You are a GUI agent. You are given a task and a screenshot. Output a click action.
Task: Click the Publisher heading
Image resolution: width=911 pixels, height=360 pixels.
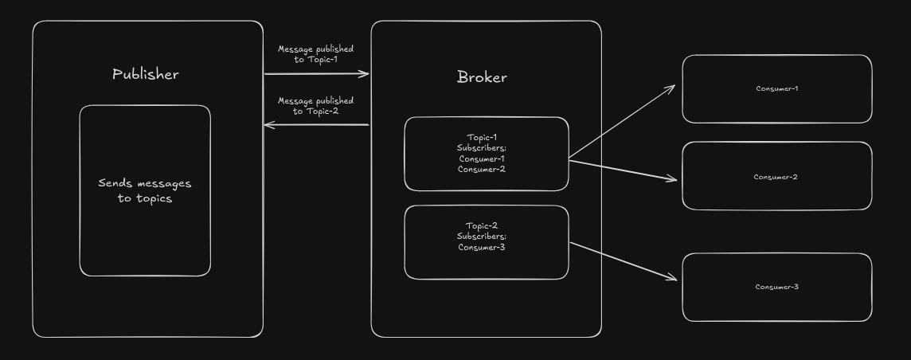tap(145, 74)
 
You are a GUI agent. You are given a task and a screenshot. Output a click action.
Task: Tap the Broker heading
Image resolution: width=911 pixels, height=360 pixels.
tap(482, 77)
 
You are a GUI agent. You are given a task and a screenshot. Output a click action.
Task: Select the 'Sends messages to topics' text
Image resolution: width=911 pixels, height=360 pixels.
tap(145, 190)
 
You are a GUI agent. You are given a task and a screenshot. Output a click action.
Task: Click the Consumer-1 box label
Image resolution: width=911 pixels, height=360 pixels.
tap(776, 88)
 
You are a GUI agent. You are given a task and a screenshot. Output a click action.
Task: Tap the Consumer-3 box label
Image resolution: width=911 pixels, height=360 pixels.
tap(776, 287)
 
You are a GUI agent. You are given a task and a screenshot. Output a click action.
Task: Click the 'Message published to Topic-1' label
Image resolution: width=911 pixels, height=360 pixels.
tap(315, 54)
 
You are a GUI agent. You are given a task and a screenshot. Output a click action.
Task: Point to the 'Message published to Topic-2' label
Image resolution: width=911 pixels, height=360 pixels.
tap(315, 106)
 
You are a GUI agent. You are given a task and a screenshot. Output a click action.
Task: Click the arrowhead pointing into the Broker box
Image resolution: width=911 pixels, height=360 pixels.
tap(365, 74)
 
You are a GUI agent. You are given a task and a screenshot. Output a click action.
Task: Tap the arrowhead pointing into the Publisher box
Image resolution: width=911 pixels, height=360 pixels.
tap(269, 124)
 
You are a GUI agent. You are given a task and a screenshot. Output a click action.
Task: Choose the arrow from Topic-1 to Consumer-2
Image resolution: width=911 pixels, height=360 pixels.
tap(621, 170)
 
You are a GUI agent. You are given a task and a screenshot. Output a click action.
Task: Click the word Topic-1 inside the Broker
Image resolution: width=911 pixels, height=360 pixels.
tap(482, 137)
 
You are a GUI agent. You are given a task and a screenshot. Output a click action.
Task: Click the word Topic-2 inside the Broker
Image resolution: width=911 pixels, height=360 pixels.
tap(482, 225)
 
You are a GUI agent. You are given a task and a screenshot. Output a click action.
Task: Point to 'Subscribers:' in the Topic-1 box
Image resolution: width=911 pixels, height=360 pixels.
tap(482, 147)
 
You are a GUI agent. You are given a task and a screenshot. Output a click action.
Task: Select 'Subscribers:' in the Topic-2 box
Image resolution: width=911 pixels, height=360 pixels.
tap(482, 236)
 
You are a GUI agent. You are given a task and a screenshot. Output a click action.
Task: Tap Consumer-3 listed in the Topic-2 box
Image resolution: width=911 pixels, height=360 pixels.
tap(482, 247)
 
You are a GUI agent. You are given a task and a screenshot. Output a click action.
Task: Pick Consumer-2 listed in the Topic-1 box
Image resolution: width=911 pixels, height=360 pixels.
tap(482, 169)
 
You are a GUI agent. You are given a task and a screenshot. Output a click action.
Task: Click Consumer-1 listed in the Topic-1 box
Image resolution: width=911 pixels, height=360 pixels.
tap(482, 158)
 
